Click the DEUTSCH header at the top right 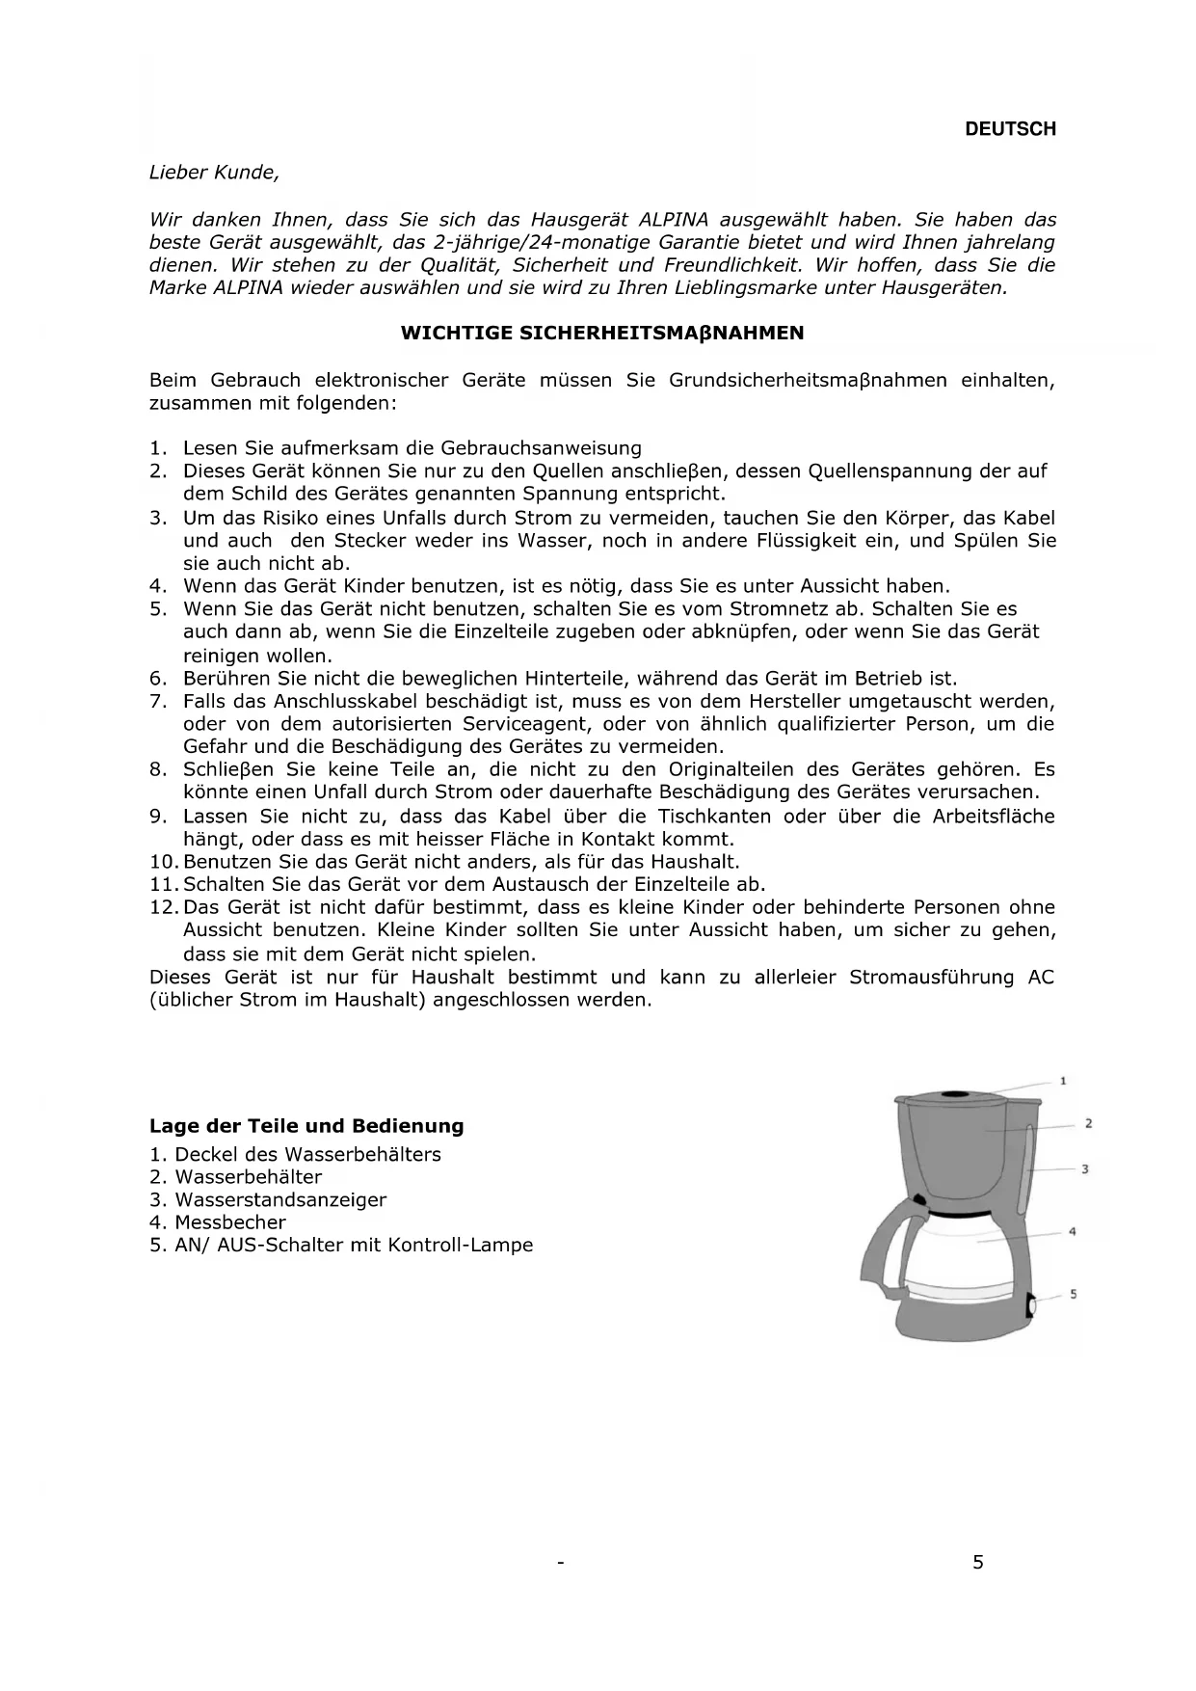1010,129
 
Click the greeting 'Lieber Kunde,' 214,174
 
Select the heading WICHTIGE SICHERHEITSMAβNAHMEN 601,334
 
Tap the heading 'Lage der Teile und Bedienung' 306,1126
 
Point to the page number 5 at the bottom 978,1563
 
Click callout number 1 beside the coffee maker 1063,1081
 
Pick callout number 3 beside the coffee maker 1085,1169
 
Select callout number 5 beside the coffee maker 1073,1294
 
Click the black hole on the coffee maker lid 953,1095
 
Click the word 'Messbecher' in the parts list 230,1222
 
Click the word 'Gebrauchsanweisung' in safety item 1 541,448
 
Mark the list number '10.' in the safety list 165,862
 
